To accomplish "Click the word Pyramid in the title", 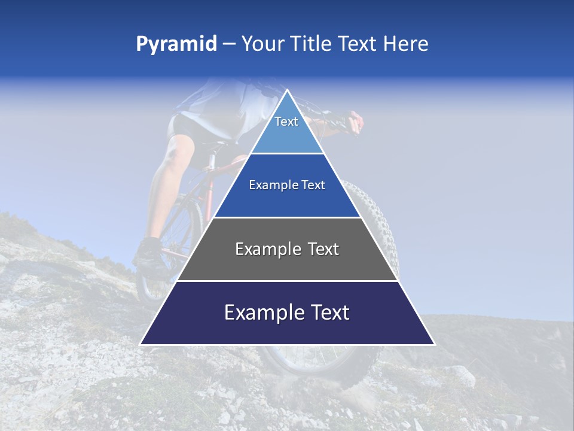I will (x=176, y=44).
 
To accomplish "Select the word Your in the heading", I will (x=262, y=44).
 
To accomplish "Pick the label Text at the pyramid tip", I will (x=286, y=122).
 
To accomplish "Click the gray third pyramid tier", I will (x=287, y=263).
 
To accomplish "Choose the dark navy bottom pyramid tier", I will (x=287, y=329).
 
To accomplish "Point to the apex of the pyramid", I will (x=287, y=90).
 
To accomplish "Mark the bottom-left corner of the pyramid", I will (x=141, y=344).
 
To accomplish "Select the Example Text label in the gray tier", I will (x=287, y=249).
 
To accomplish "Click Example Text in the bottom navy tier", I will (x=287, y=312).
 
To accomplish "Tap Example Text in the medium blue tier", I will (x=287, y=185).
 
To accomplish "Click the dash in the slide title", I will (x=229, y=44).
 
